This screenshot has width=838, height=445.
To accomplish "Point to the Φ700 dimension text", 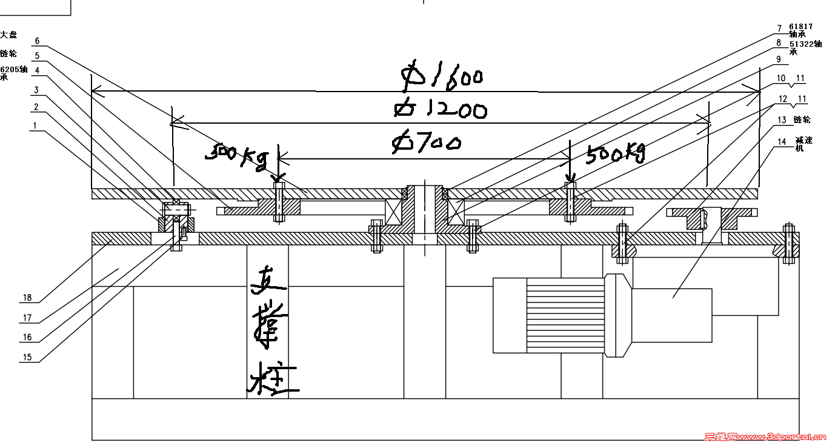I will point(427,143).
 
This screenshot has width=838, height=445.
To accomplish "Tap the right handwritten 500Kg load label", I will point(615,154).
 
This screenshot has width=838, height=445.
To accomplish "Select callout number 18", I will point(27,298).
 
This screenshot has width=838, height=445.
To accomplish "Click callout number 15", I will point(27,357).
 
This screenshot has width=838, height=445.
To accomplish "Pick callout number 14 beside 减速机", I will point(782,142).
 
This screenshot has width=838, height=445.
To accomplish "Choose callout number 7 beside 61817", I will point(780,28).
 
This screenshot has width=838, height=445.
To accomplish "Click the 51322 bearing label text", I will point(805,44).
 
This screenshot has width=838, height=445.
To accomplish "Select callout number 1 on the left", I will point(36,125).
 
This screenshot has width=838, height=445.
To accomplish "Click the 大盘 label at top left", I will point(9,35).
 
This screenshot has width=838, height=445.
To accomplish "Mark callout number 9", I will point(779,59).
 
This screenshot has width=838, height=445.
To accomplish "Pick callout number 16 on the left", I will point(27,338).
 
